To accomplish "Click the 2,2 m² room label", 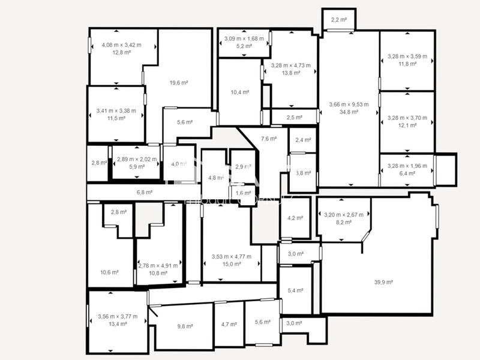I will [x=339, y=20].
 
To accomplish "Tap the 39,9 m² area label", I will [x=383, y=282].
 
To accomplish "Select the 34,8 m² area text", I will [x=349, y=112].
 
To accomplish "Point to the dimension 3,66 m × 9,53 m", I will [x=349, y=104].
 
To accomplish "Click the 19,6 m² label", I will [x=179, y=83].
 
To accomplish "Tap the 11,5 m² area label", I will [x=116, y=118].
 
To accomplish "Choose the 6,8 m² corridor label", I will [x=145, y=193].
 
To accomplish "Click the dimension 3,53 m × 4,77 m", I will [x=232, y=257].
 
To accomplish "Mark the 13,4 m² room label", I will [x=117, y=324].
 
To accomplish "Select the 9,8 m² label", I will [x=185, y=326].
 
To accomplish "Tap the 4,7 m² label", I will [x=229, y=325].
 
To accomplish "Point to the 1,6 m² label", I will [x=244, y=193].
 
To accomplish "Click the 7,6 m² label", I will [x=269, y=139].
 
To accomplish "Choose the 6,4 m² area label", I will [x=407, y=173].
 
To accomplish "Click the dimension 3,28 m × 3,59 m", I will [x=407, y=56].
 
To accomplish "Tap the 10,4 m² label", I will [x=239, y=92].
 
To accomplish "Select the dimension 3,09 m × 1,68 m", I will [x=244, y=39].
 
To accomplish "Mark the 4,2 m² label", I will [x=295, y=218].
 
